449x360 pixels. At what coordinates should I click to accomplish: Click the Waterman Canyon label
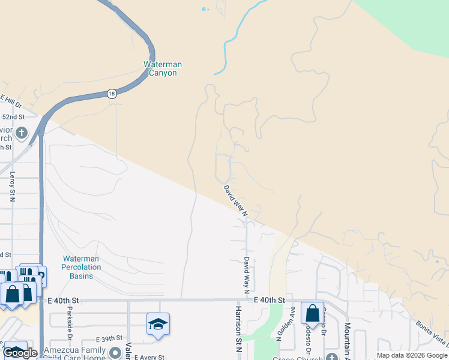point(163,68)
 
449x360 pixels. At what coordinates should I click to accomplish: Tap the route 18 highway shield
point(112,94)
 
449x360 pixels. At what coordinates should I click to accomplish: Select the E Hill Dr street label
point(11,101)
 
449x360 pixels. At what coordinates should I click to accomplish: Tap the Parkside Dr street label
point(70,322)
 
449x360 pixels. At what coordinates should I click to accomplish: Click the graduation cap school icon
point(158,324)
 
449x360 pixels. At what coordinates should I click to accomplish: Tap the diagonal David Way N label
point(236,197)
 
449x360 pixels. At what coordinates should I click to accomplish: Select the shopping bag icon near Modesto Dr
point(312,313)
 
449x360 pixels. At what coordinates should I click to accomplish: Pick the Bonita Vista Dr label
point(432,333)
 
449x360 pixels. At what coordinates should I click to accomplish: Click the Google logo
point(20,353)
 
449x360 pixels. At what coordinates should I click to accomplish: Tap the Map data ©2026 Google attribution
point(412,355)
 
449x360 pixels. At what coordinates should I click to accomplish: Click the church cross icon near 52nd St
point(22,133)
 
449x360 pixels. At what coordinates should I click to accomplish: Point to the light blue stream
point(231,42)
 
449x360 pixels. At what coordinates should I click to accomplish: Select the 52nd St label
point(13,116)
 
